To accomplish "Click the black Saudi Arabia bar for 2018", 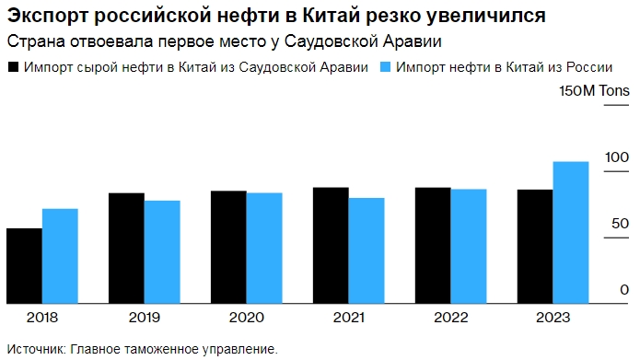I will click(24, 265).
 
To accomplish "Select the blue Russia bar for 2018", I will click(60, 255).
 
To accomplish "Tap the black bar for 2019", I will click(126, 248).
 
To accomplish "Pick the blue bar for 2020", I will click(263, 247).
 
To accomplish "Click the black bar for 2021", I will click(331, 245).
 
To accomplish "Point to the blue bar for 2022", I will click(468, 245).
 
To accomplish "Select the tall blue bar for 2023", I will click(570, 232).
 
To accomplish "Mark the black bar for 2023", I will click(535, 246).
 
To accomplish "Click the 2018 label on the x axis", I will click(42, 318).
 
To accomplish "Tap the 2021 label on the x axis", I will click(348, 318).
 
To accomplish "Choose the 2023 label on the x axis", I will click(553, 318).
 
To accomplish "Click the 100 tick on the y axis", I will click(616, 157).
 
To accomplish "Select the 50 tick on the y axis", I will click(620, 224).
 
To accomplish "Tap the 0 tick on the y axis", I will click(623, 290).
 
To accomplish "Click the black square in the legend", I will click(13, 67).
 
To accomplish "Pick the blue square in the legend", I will click(386, 67).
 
